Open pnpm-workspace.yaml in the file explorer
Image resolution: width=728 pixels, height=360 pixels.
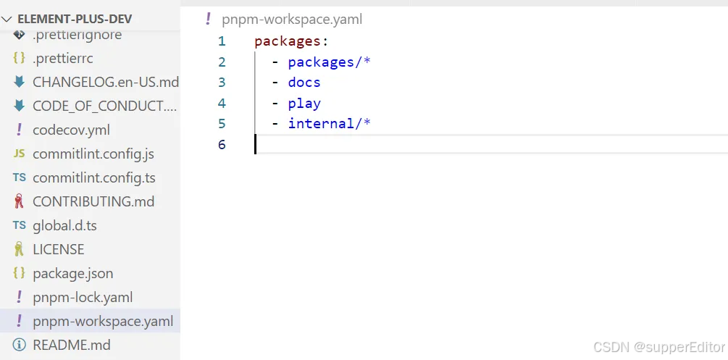[103, 321]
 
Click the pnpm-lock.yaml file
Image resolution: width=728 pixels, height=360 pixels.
[82, 297]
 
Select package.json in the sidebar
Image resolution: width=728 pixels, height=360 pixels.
[72, 273]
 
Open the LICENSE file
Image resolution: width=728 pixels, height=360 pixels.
[58, 249]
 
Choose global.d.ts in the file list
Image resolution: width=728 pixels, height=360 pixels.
[64, 225]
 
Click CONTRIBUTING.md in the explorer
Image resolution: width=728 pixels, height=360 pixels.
[93, 201]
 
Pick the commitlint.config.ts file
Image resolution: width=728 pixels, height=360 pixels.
[93, 177]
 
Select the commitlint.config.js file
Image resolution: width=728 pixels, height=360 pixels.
[93, 154]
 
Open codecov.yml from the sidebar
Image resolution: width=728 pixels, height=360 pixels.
[71, 130]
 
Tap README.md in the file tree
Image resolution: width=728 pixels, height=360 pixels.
[71, 345]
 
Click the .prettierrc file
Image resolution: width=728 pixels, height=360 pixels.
[62, 58]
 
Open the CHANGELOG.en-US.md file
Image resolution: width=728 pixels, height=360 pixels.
[105, 82]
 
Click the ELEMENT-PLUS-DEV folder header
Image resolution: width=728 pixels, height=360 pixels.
[74, 20]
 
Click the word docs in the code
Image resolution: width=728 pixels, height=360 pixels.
[304, 83]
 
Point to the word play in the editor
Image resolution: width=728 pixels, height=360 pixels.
[304, 103]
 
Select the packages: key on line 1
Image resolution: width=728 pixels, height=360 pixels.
[290, 41]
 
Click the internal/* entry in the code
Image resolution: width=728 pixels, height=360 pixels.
[329, 123]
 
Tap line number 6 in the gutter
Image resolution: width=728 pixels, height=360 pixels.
[222, 144]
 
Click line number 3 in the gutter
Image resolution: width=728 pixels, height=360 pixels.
[222, 83]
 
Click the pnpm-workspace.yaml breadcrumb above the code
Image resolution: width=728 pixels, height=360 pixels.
[292, 20]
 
